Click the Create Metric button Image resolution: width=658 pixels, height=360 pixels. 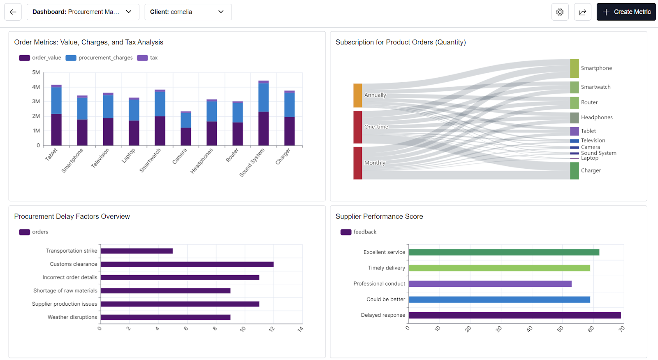[x=626, y=12]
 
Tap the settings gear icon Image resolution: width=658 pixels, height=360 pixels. [x=560, y=12]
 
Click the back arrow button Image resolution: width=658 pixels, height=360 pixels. [x=13, y=12]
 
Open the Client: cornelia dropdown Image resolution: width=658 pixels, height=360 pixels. [x=188, y=12]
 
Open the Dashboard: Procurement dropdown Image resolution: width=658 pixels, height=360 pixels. [x=83, y=12]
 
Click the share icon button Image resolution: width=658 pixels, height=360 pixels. [x=582, y=12]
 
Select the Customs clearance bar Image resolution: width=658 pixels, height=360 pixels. [x=187, y=264]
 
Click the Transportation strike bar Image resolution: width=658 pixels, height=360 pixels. [x=137, y=251]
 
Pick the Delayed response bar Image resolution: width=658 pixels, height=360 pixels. [x=514, y=315]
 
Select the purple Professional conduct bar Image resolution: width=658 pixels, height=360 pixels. [x=490, y=284]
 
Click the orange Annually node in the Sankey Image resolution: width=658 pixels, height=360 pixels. [x=358, y=95]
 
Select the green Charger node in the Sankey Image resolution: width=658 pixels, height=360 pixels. [x=574, y=171]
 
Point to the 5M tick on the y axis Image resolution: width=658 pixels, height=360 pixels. [x=36, y=72]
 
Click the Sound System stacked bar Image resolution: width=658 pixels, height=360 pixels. [x=264, y=113]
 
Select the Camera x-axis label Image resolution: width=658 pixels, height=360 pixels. [x=180, y=156]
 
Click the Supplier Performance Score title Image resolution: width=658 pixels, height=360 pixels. [x=379, y=216]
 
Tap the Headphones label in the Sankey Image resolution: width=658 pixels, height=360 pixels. [x=596, y=117]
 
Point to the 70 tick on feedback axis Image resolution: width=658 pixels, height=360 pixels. [x=621, y=329]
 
